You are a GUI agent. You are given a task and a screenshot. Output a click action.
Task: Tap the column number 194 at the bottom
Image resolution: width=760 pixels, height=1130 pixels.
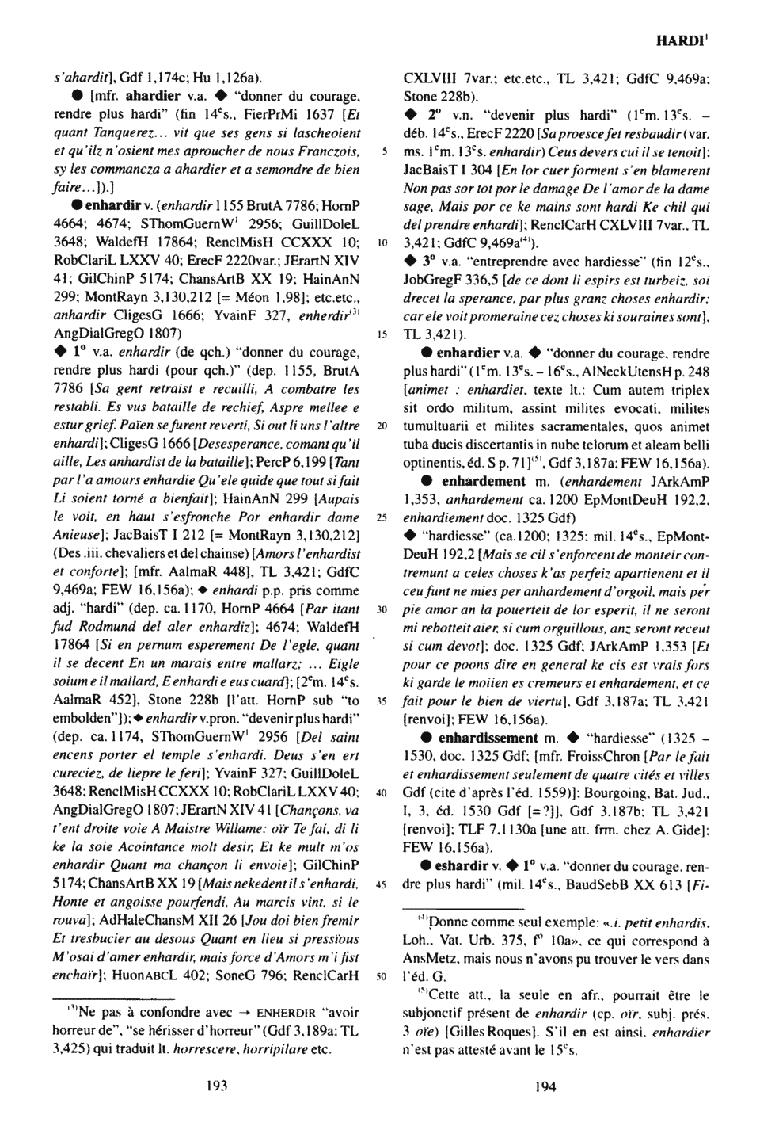545,1086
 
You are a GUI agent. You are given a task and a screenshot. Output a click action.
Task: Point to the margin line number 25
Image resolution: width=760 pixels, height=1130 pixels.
382,517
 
